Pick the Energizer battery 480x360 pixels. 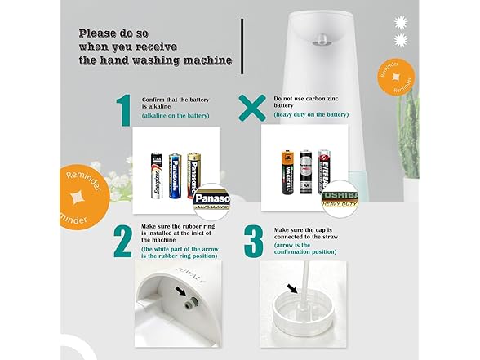155,174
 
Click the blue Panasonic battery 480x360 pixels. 174,176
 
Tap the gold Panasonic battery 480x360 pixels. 193,173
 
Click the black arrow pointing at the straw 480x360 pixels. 293,287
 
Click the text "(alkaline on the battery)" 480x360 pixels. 176,116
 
